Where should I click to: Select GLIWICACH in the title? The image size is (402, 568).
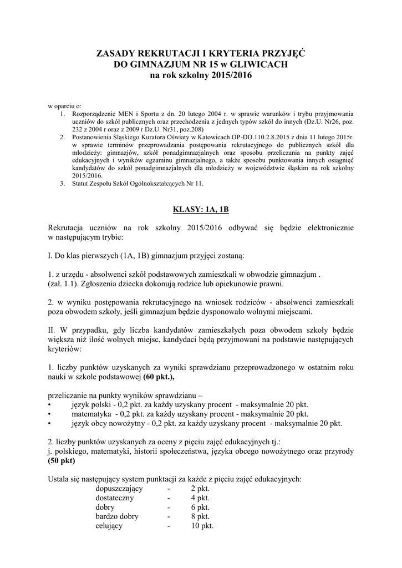point(256,64)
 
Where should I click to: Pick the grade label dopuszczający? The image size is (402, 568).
point(119,489)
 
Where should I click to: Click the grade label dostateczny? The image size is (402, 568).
point(116,498)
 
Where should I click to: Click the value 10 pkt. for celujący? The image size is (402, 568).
point(202,526)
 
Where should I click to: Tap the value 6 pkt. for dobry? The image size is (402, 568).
point(200,507)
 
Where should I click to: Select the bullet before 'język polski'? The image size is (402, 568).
point(50,405)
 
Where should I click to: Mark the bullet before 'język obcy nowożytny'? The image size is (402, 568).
point(50,423)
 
